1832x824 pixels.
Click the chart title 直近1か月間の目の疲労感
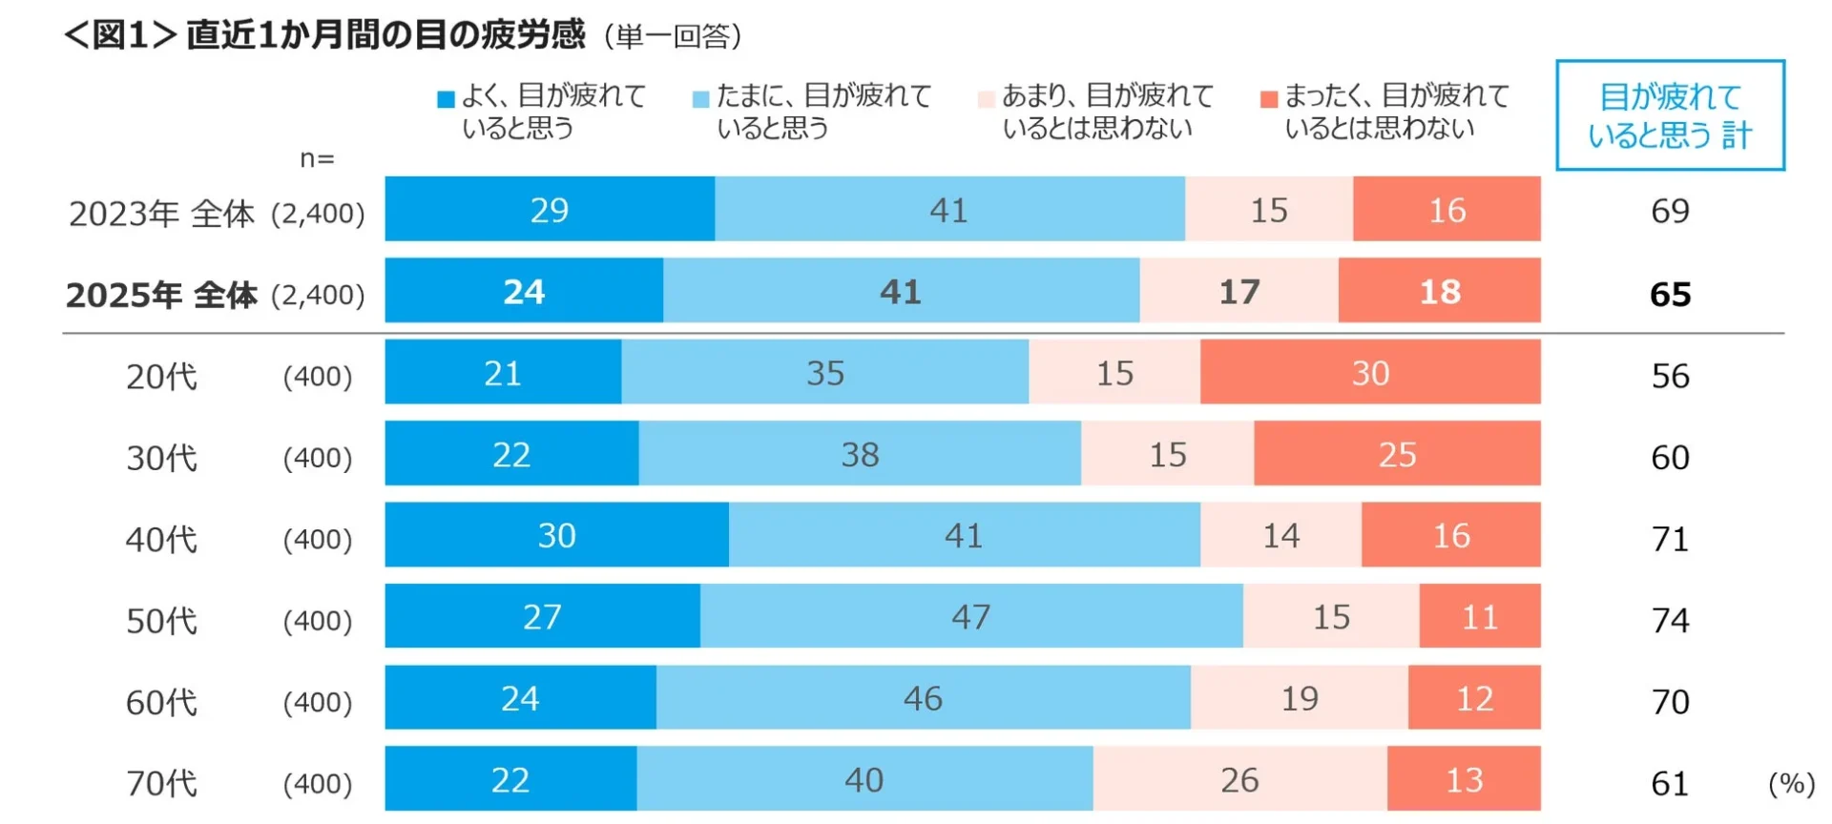click(385, 35)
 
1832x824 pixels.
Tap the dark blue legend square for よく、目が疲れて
click(446, 99)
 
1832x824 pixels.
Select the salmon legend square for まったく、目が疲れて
click(1268, 99)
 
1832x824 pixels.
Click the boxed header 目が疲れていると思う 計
click(1669, 115)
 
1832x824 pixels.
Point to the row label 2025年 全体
click(161, 295)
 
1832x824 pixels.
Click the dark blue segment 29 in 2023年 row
click(550, 209)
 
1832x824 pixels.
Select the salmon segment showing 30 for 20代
click(1370, 372)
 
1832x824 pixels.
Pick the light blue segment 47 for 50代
click(970, 616)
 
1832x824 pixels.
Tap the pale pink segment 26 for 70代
click(1239, 779)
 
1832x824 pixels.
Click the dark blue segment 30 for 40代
click(556, 535)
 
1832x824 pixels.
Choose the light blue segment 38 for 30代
click(860, 454)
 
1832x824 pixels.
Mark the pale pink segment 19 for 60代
click(1299, 698)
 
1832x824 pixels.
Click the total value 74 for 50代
click(1670, 620)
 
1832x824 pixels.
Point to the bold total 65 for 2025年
click(1670, 294)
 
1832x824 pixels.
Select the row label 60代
click(161, 703)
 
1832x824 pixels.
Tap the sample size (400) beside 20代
click(318, 376)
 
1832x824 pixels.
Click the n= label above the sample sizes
click(317, 158)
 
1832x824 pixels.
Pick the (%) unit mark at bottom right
click(1791, 784)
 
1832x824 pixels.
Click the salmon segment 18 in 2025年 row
click(1439, 291)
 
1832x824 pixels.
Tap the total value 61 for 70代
click(1670, 784)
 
